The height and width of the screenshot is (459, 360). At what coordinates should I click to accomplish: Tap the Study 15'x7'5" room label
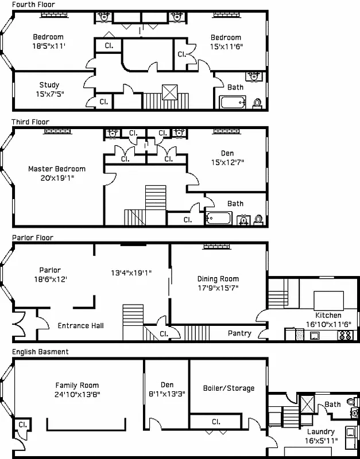click(x=49, y=89)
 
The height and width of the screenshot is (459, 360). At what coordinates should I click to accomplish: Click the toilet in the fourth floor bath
click(x=257, y=103)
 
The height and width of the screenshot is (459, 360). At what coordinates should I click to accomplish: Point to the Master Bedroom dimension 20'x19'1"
click(x=57, y=178)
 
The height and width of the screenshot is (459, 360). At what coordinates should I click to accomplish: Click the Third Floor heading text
click(x=30, y=122)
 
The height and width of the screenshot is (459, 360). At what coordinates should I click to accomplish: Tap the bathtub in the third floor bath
click(x=218, y=219)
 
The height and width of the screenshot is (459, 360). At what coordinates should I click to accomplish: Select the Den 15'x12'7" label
click(x=227, y=157)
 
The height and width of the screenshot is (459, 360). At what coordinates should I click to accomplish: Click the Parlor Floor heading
click(x=32, y=237)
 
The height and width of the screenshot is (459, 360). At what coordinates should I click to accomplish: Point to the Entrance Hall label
click(x=81, y=325)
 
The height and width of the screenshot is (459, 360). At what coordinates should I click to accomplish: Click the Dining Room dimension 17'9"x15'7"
click(x=218, y=288)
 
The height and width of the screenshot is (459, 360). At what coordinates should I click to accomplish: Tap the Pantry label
click(x=239, y=333)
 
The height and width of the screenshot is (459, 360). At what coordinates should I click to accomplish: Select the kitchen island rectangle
click(x=328, y=299)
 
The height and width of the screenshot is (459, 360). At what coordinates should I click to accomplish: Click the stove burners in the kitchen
click(x=345, y=335)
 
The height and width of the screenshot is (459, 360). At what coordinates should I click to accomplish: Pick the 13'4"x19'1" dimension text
click(x=131, y=273)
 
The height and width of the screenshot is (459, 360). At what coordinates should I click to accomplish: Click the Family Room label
click(x=77, y=386)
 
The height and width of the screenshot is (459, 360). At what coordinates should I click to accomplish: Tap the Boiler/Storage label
click(x=229, y=388)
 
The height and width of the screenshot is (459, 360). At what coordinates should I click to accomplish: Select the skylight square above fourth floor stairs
click(x=170, y=92)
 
